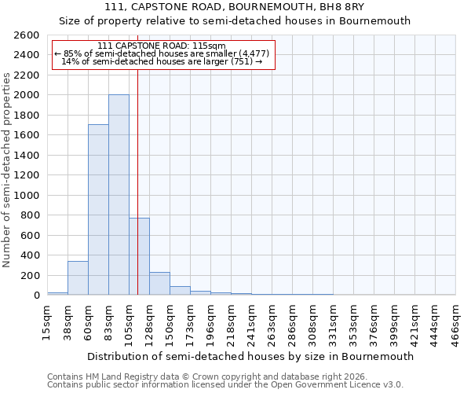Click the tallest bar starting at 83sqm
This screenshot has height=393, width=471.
point(119,195)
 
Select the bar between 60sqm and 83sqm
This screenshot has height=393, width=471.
point(98,210)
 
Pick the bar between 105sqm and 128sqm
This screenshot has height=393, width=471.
point(139,256)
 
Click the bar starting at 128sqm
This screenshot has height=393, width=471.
point(159,284)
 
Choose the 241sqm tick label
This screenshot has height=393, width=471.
point(252,324)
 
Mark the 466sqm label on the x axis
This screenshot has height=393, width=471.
point(456,324)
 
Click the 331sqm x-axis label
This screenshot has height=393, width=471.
point(334,324)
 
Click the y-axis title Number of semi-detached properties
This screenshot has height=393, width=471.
point(8,170)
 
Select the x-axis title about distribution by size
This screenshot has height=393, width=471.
point(250,356)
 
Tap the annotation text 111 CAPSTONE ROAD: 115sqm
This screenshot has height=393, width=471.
point(163,46)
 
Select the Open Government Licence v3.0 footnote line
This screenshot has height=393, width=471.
point(225,384)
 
